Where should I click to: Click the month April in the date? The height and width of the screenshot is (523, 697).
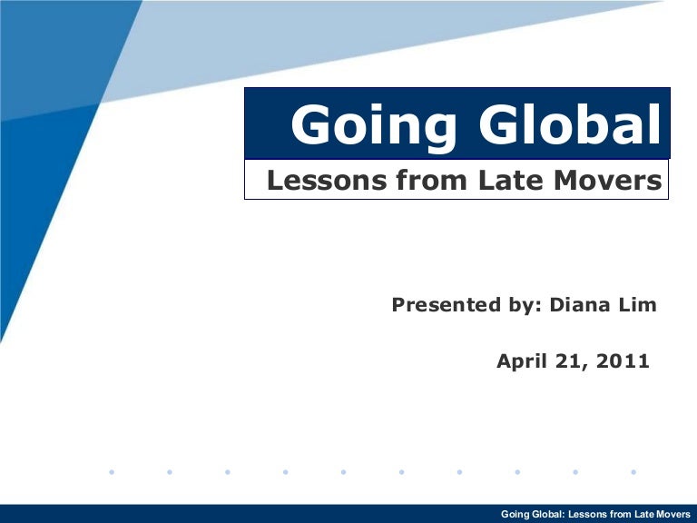point(524,361)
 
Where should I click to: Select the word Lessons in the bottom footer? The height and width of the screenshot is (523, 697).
point(589,515)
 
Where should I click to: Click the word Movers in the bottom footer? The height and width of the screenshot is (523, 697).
point(674,515)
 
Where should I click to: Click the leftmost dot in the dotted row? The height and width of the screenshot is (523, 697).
point(111,472)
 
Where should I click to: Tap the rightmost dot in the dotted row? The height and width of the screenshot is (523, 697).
point(633,472)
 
